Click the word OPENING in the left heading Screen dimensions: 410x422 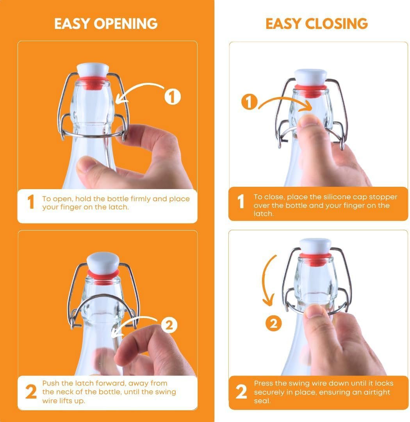click(126, 23)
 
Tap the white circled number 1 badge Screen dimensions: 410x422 click(173, 97)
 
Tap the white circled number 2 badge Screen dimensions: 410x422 click(169, 325)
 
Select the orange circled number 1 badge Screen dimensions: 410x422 click(249, 102)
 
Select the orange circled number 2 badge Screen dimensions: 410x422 click(273, 324)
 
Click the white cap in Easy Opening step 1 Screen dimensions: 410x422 click(93, 70)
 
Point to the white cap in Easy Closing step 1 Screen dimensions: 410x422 click(311, 77)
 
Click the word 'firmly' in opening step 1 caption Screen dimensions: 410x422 click(141, 199)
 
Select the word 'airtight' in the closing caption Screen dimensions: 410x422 click(377, 392)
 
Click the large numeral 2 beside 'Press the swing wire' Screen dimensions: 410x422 click(241, 392)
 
